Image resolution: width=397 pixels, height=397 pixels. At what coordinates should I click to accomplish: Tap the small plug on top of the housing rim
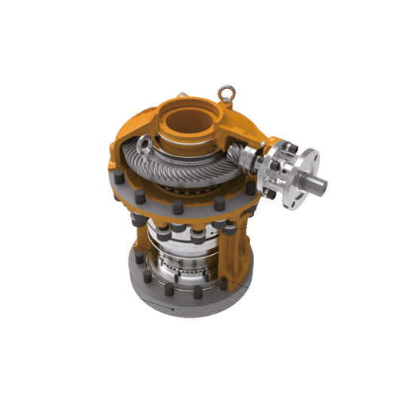(x=183, y=97)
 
